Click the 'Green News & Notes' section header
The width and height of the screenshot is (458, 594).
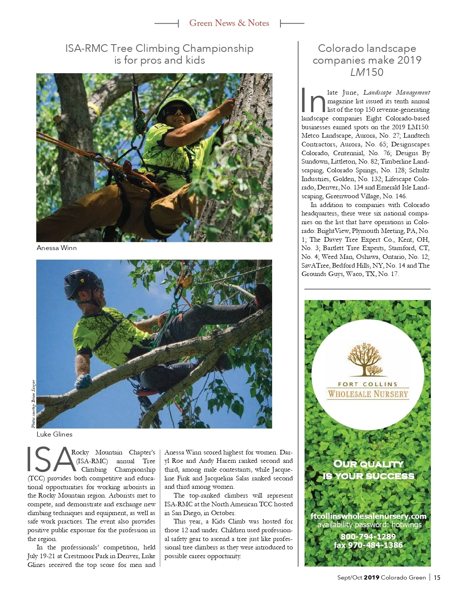click(x=229, y=23)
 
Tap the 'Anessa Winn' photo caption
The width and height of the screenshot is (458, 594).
click(x=56, y=248)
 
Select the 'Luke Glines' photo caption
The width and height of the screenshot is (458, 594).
click(x=54, y=434)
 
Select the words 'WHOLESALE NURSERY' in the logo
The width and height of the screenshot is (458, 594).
click(x=368, y=394)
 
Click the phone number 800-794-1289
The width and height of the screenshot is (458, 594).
click(x=368, y=537)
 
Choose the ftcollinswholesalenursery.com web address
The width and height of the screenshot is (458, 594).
click(x=368, y=516)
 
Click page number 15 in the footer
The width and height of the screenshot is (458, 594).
click(x=437, y=578)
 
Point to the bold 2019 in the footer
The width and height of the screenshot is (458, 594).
click(x=371, y=578)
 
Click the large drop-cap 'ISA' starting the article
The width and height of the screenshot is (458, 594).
click(x=51, y=460)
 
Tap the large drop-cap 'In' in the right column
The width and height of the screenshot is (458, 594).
click(x=313, y=101)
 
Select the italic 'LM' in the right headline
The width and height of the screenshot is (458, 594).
click(x=358, y=72)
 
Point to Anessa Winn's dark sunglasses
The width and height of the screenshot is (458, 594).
click(x=177, y=111)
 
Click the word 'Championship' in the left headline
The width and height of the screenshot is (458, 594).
click(x=218, y=48)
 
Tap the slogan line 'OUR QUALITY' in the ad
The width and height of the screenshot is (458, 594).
click(x=368, y=464)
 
